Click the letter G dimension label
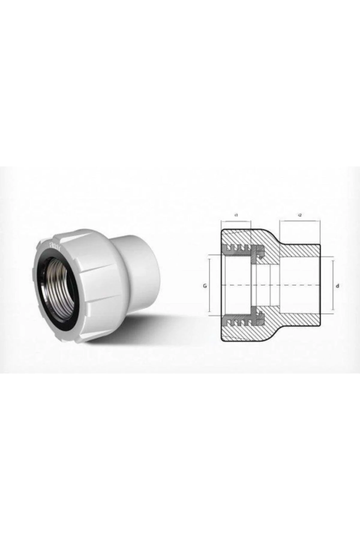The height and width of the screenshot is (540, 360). pyautogui.click(x=205, y=286)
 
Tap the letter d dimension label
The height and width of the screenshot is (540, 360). pyautogui.click(x=337, y=286)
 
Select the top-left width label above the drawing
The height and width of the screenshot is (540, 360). pyautogui.click(x=236, y=215)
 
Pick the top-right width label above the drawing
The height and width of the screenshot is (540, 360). pyautogui.click(x=300, y=215)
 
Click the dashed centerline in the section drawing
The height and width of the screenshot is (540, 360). pyautogui.click(x=270, y=284)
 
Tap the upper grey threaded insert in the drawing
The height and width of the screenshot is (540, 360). pyautogui.click(x=240, y=248)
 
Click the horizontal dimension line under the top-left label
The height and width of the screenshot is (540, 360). pyautogui.click(x=236, y=222)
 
